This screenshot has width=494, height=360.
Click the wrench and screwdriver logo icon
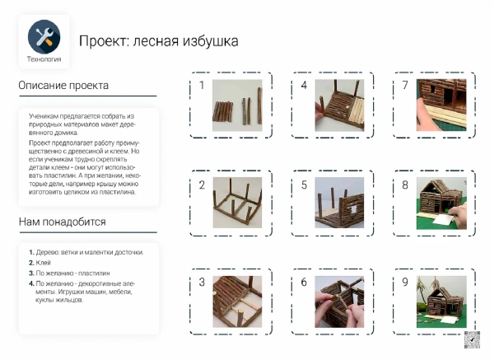tap(44, 36)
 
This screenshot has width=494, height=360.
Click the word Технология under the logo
tap(44, 58)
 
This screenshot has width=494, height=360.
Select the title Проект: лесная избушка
tap(158, 40)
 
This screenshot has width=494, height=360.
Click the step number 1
tap(201, 85)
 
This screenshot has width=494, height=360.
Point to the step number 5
tap(304, 185)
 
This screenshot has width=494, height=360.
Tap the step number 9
tap(405, 282)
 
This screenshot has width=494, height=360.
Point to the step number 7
tap(405, 85)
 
